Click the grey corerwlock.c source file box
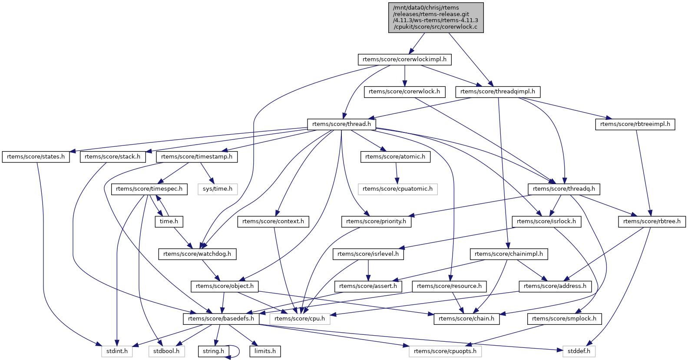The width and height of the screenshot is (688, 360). (436, 17)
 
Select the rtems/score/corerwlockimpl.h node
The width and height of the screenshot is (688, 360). (404, 59)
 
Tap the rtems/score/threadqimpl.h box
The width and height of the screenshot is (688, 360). (497, 92)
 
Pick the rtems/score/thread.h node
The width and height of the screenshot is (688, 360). (341, 124)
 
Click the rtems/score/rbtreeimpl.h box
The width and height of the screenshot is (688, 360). (635, 124)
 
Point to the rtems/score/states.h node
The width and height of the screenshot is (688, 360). (36, 157)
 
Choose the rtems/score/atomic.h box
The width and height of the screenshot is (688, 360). (395, 157)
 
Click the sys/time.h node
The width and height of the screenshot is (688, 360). (218, 189)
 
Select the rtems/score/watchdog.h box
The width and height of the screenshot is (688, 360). (197, 254)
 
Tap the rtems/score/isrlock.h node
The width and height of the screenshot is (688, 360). (546, 221)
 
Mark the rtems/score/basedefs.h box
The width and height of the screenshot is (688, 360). (221, 319)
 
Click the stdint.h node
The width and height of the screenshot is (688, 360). (117, 351)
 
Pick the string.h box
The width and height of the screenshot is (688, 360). (213, 351)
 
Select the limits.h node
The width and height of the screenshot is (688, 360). (265, 351)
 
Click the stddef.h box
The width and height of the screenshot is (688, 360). (579, 351)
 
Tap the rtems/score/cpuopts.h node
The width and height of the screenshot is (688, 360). (445, 351)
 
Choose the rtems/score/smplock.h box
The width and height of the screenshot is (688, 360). (564, 319)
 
